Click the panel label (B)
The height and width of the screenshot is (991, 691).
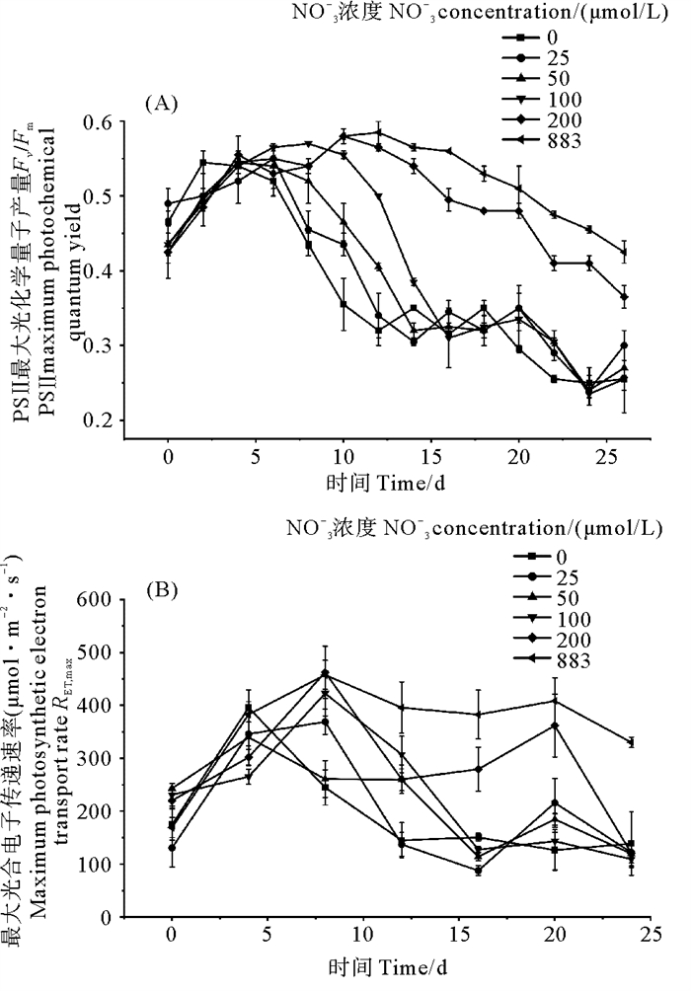[x=162, y=591]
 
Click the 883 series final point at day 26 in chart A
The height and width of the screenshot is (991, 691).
[x=624, y=252]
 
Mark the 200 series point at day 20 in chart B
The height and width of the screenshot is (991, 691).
[x=555, y=725]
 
